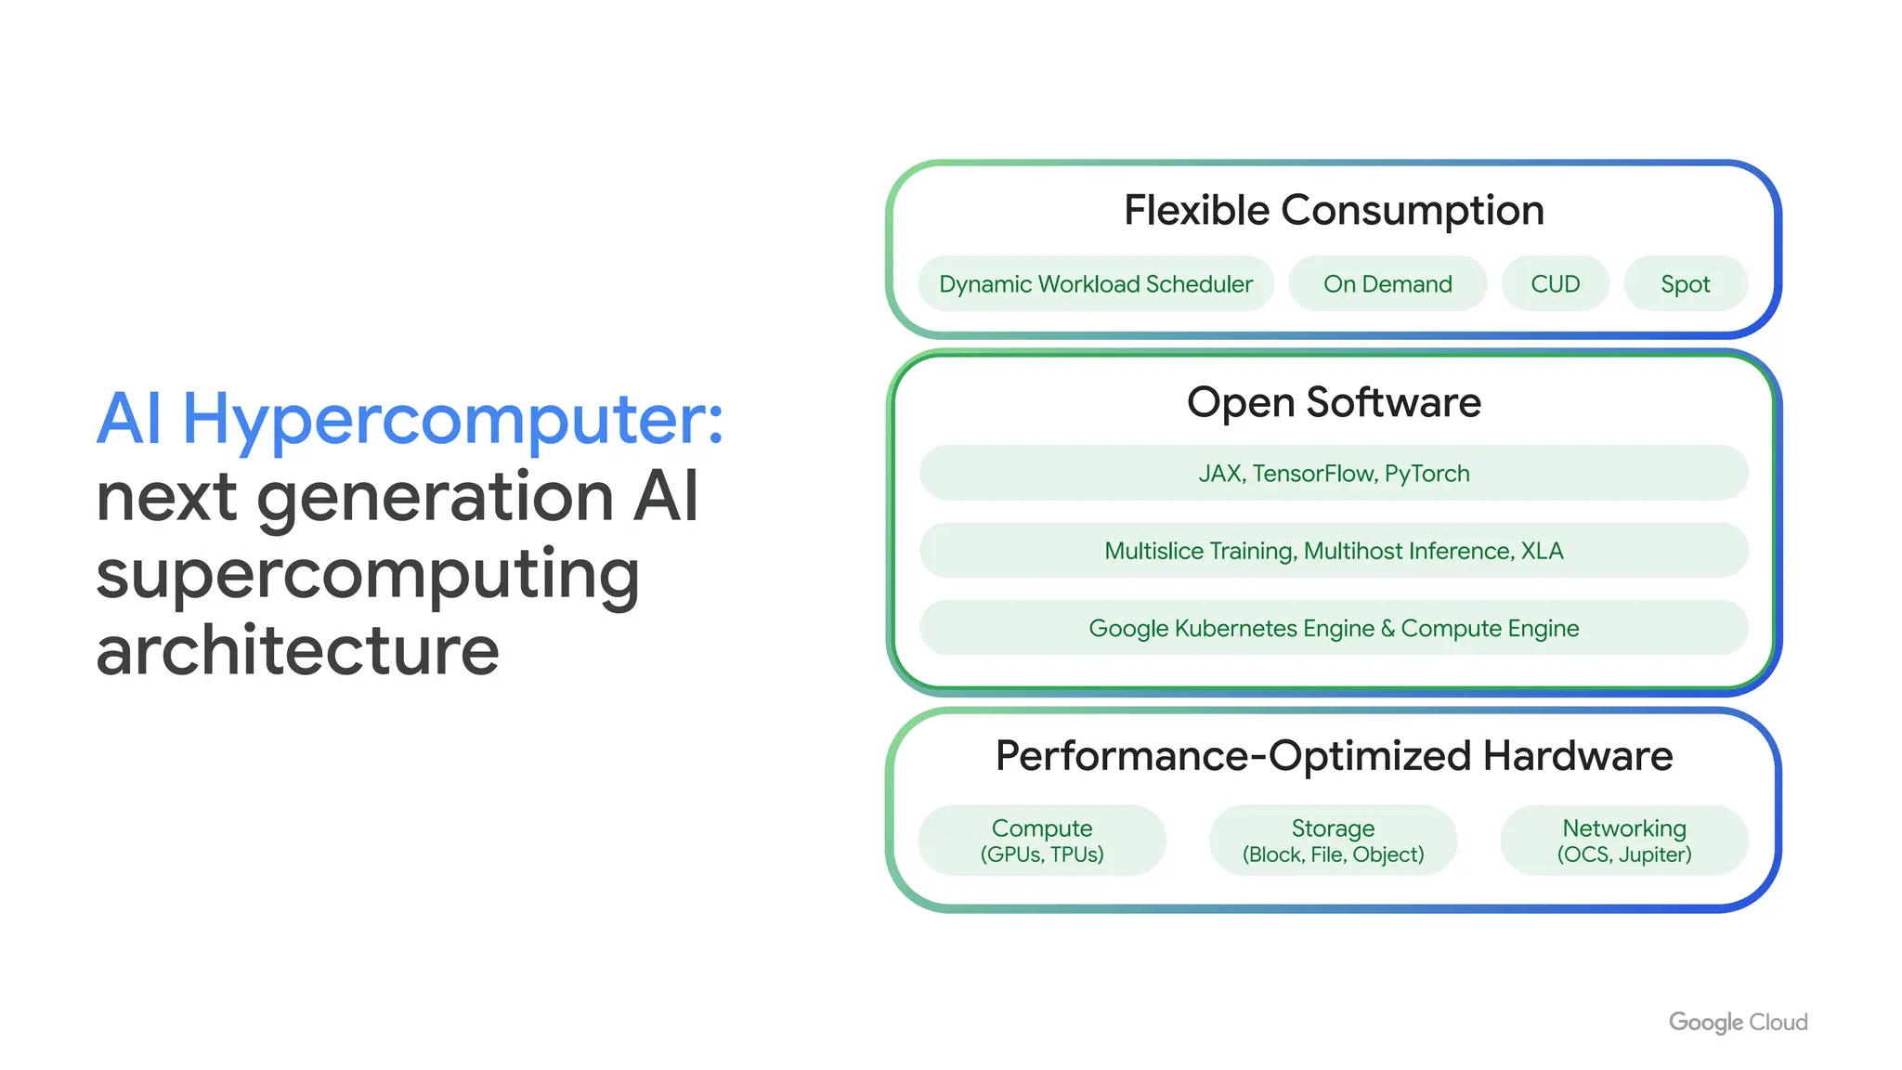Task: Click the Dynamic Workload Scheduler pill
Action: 1095,284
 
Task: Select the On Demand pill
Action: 1387,284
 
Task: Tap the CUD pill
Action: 1555,284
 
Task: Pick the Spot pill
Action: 1685,284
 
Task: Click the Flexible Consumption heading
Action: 1334,211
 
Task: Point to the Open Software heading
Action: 1334,403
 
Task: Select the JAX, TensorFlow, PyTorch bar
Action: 1334,474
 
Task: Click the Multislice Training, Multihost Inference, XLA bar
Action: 1334,551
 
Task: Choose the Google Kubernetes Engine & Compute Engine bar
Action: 1334,629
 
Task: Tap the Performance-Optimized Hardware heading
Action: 1334,756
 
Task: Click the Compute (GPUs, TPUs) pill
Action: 1042,841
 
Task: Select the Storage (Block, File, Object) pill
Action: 1333,841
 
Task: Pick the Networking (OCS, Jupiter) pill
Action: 1624,841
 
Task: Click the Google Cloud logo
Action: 1738,1022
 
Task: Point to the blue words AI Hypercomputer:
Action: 410,420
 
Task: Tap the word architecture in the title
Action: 297,651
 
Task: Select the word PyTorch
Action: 1426,474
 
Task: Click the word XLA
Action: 1542,551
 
